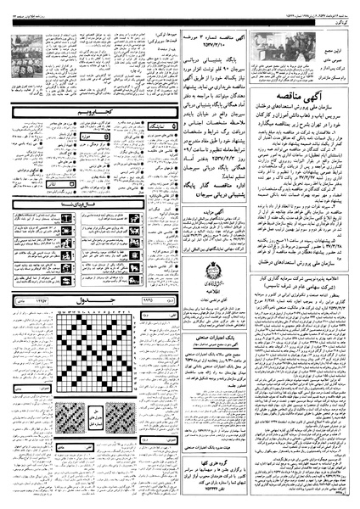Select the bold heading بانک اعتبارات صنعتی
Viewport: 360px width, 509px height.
(218, 319)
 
